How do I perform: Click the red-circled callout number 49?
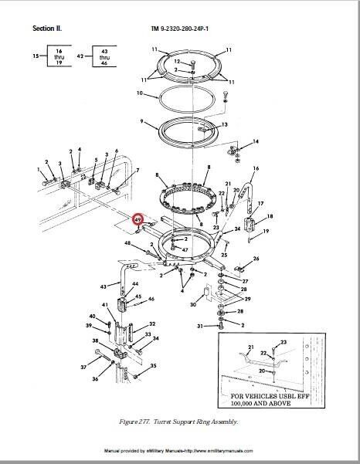point(137,220)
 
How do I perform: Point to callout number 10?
point(140,94)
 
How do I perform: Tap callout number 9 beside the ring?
point(141,121)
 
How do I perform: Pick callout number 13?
point(225,124)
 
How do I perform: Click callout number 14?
point(256,142)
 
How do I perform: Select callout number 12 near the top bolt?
point(177,61)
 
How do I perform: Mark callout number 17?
point(260,205)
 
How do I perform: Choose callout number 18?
point(270,218)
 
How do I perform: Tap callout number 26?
point(256,259)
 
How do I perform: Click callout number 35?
point(154,366)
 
